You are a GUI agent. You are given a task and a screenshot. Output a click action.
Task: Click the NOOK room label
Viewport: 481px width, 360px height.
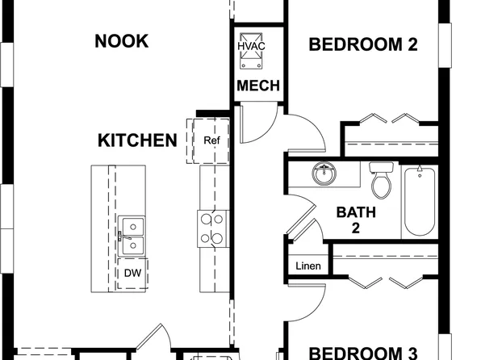tap(121, 41)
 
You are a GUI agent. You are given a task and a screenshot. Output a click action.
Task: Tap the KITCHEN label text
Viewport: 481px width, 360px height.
tap(137, 141)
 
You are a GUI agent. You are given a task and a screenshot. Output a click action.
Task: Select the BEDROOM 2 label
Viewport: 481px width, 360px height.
tap(363, 44)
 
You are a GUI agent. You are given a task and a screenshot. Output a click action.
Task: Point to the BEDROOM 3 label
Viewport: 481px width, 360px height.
tap(363, 353)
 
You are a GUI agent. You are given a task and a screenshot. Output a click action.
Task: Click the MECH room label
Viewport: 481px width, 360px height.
tap(258, 86)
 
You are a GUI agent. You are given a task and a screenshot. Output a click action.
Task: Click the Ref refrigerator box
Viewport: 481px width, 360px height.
tap(211, 140)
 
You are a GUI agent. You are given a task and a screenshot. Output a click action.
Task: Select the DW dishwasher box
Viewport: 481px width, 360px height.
tap(132, 272)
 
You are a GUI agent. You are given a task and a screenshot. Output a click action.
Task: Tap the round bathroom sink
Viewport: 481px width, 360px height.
tap(324, 174)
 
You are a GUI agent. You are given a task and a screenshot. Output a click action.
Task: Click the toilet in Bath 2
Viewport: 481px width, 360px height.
tap(381, 182)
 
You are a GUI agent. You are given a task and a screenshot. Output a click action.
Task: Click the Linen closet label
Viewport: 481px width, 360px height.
tap(308, 266)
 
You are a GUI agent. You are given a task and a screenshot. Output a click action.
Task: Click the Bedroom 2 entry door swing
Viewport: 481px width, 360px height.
tap(307, 133)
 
